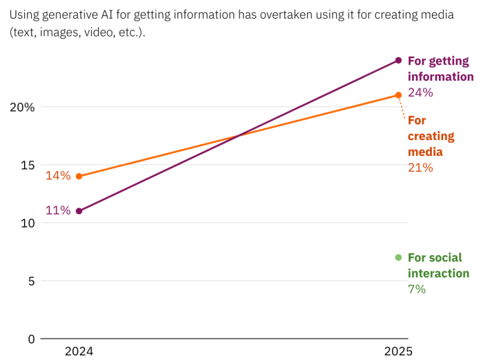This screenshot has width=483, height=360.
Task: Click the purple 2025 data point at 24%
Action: click(x=398, y=60)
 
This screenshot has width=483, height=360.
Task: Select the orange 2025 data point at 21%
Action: click(x=398, y=95)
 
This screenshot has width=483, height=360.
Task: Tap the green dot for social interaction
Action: click(x=398, y=257)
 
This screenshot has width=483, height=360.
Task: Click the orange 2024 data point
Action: click(x=79, y=176)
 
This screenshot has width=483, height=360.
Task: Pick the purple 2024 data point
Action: click(x=79, y=211)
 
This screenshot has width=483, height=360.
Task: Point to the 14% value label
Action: click(x=58, y=176)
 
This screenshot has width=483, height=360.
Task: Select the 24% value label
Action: click(x=420, y=92)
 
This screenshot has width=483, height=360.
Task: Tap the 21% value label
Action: click(x=420, y=168)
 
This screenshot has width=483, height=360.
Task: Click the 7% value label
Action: click(x=417, y=289)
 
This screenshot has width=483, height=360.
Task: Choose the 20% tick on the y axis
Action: click(x=22, y=107)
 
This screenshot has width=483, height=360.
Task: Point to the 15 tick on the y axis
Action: click(x=27, y=165)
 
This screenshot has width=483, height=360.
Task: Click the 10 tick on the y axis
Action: click(x=27, y=223)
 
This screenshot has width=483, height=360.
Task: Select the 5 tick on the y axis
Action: click(x=30, y=281)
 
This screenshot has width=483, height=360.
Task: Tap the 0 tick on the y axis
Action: click(x=30, y=339)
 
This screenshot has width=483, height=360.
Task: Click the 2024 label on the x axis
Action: click(x=79, y=351)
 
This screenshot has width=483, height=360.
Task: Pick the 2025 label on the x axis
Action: click(x=398, y=351)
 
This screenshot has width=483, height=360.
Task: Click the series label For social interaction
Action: click(x=438, y=266)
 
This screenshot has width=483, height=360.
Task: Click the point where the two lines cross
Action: click(x=239, y=136)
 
